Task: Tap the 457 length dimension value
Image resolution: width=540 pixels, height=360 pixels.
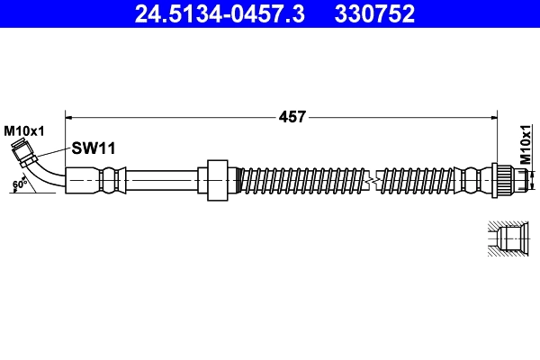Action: click(x=292, y=116)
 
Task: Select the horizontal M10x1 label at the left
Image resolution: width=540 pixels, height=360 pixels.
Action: click(x=23, y=131)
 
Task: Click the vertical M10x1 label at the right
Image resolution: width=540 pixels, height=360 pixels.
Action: click(x=526, y=143)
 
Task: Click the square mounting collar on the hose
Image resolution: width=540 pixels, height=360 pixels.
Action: click(x=216, y=180)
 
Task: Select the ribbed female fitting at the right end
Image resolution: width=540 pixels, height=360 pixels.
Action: click(x=505, y=180)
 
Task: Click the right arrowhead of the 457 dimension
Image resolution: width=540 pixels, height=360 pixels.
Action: click(x=495, y=116)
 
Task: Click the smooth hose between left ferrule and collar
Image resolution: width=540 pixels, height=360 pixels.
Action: click(x=162, y=180)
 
